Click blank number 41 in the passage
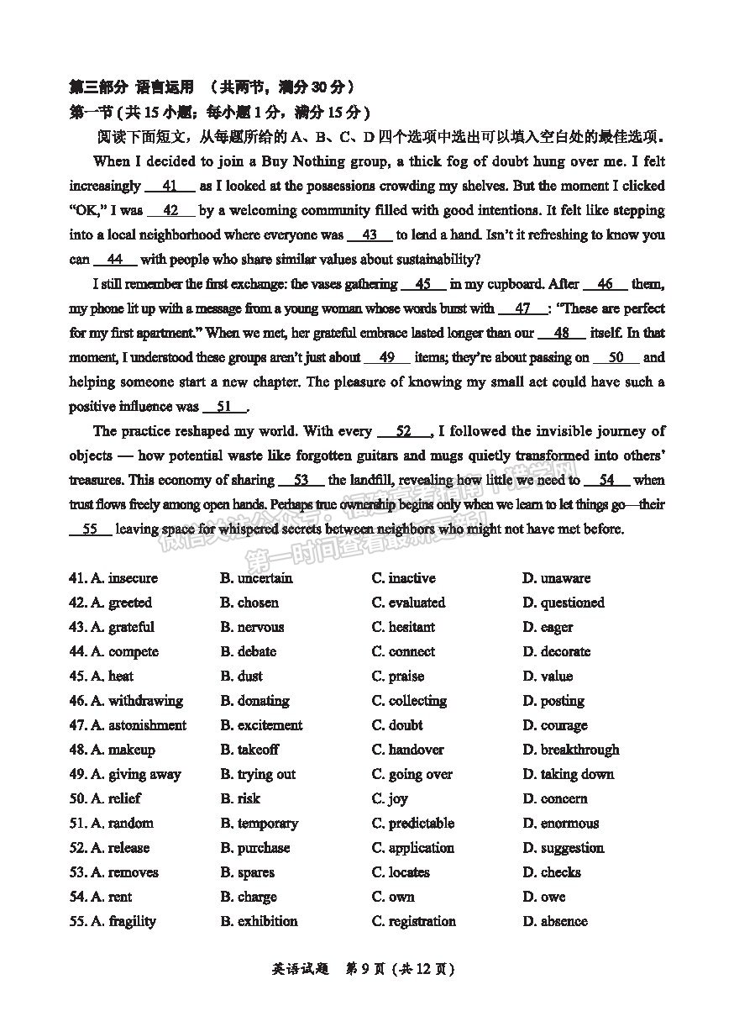coord(170,186)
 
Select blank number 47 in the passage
coord(523,308)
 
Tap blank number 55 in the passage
coord(91,529)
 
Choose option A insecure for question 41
coord(124,578)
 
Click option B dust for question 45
coord(242,676)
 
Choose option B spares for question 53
coord(248,872)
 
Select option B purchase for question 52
coord(255,848)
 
